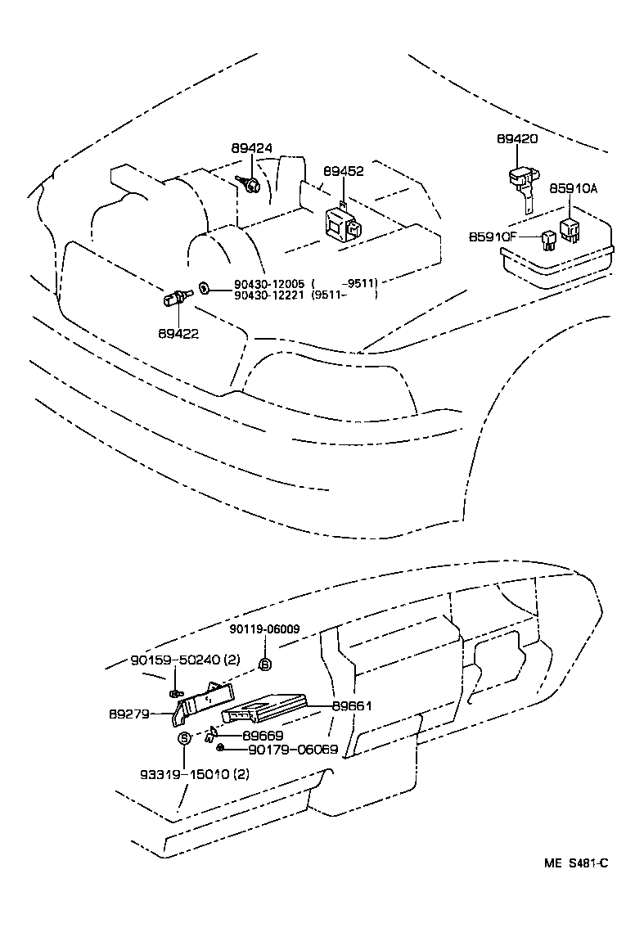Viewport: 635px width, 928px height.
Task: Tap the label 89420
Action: point(517,139)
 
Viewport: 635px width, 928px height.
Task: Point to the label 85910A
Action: point(574,188)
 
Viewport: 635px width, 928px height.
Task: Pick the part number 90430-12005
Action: point(269,283)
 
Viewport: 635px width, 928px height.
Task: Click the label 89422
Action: point(178,334)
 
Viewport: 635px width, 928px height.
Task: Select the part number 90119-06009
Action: point(264,629)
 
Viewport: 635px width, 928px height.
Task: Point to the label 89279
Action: point(129,714)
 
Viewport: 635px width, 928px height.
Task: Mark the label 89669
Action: point(262,736)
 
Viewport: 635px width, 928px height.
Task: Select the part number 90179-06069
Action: point(281,749)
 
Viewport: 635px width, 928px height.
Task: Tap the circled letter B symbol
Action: point(265,664)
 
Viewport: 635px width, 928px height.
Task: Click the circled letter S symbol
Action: point(184,737)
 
